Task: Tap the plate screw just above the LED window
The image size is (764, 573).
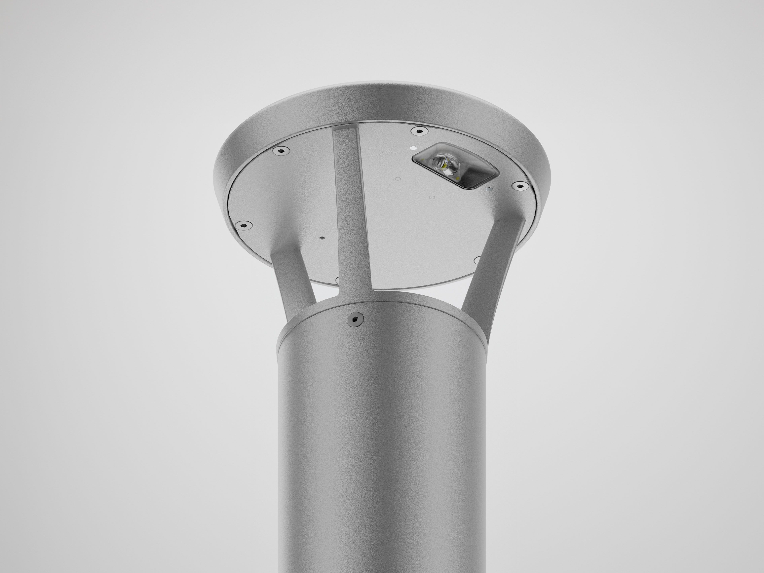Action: click(419, 131)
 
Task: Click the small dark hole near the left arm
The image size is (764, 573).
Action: click(322, 238)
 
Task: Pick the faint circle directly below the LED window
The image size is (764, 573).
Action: click(431, 198)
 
